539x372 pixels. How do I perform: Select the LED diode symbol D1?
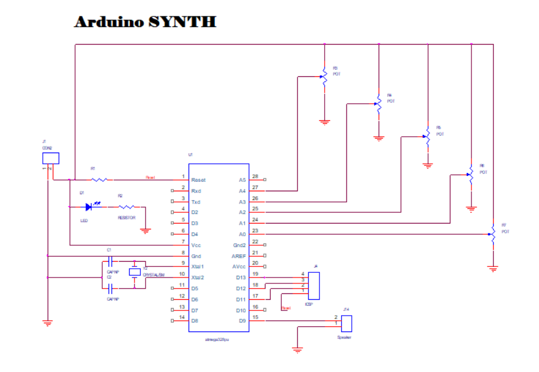point(89,207)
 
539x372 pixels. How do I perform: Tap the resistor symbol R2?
point(127,207)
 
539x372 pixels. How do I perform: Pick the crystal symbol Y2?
point(135,272)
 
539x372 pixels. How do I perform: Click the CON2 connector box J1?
point(50,158)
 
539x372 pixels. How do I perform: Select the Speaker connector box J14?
point(346,323)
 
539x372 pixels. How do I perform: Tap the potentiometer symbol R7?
point(493,234)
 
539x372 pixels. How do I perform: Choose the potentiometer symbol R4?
point(379,104)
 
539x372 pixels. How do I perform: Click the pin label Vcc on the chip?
point(197,245)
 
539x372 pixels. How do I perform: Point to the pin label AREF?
point(240,256)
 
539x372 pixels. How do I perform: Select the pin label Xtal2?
point(198,277)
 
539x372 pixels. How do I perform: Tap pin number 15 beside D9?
point(255,317)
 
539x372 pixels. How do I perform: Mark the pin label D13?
point(240,277)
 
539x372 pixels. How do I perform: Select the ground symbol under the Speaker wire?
point(298,350)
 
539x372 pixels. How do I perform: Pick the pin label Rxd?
point(197,191)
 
